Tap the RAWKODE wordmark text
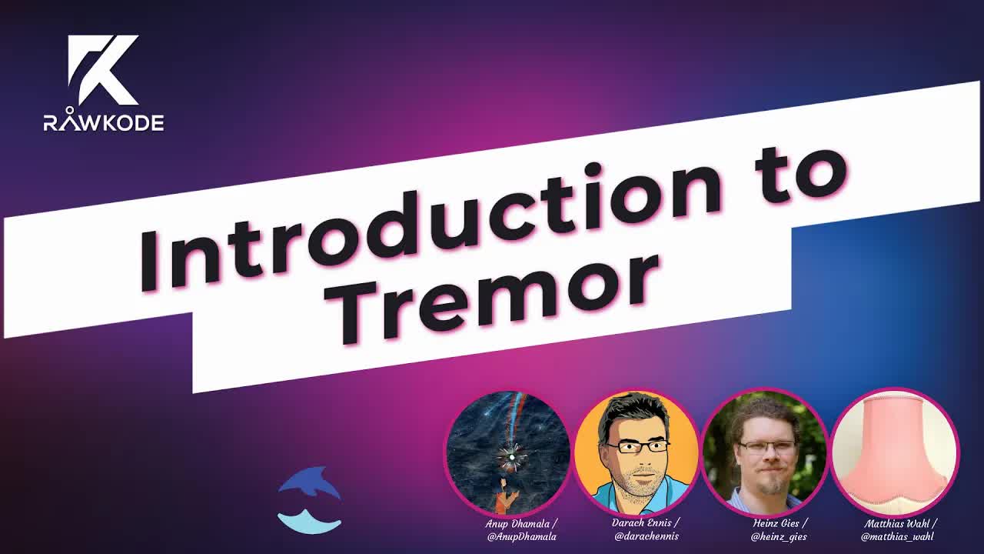pos(104,122)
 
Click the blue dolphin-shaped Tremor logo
pos(309,499)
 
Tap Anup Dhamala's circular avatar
pos(508,454)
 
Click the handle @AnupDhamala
pos(522,537)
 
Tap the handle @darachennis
pos(647,536)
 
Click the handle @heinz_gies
pos(779,537)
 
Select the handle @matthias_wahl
pos(897,537)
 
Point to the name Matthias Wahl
pos(898,524)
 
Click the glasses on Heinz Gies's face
pos(766,447)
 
